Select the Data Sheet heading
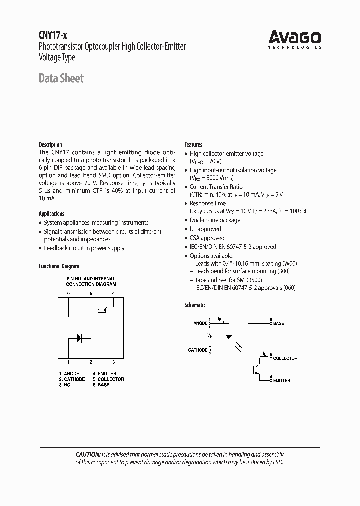coord(61,78)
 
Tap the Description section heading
coord(50,144)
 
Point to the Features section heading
coord(193,144)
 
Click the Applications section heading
coord(51,214)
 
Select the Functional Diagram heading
coord(59,266)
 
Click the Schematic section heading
coord(195,305)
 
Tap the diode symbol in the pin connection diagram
coord(79,338)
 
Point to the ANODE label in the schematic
coord(200,323)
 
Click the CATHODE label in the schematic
coord(197,350)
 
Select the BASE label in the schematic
coord(278,323)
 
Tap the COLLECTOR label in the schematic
coord(285,358)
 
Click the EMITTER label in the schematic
coord(281,381)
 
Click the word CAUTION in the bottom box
coord(88,454)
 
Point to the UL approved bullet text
coord(205,229)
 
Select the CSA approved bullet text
coord(207,238)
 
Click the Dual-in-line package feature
coord(215,220)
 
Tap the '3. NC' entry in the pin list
coord(65,385)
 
